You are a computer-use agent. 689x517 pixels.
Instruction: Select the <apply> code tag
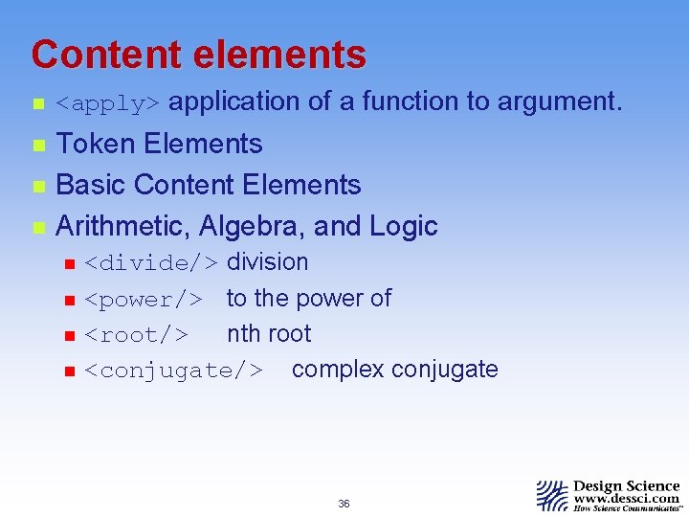click(x=111, y=102)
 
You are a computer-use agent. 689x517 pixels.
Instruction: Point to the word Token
click(x=97, y=144)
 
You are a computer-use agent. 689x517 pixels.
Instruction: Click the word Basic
click(x=92, y=185)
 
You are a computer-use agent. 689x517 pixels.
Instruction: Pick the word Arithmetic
click(x=122, y=226)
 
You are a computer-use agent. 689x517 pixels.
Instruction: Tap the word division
click(x=267, y=261)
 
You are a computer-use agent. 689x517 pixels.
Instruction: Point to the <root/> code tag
click(x=136, y=334)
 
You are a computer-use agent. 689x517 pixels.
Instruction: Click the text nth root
click(x=269, y=333)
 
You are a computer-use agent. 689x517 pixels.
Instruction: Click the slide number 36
click(x=344, y=504)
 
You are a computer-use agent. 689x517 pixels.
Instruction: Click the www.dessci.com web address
click(x=626, y=498)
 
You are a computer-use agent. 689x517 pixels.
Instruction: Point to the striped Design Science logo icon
click(x=552, y=495)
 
